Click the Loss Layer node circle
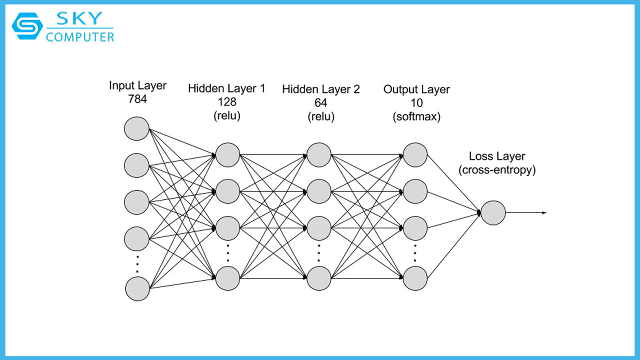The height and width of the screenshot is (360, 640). click(493, 212)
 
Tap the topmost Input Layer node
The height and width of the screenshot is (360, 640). click(136, 128)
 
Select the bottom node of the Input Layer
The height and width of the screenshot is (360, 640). click(137, 288)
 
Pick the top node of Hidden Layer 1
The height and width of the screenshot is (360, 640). click(227, 154)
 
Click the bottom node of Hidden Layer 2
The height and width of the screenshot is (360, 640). click(319, 278)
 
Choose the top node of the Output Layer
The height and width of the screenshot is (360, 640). click(415, 154)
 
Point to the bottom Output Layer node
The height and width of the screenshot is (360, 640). click(415, 278)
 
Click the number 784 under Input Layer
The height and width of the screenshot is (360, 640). click(137, 99)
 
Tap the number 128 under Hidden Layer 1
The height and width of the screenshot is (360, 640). click(226, 102)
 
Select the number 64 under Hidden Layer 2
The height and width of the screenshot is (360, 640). click(320, 103)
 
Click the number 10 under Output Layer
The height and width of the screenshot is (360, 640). click(416, 103)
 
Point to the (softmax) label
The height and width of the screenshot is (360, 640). click(416, 117)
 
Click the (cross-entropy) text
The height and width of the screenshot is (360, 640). click(497, 170)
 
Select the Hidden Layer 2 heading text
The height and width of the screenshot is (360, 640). click(320, 89)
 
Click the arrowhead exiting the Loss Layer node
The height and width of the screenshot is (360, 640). click(544, 212)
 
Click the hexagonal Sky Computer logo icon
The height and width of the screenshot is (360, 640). click(27, 26)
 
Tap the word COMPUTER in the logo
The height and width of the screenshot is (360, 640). click(80, 37)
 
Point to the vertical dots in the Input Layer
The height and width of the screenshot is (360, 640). click(137, 263)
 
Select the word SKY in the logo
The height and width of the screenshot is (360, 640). click(80, 18)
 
